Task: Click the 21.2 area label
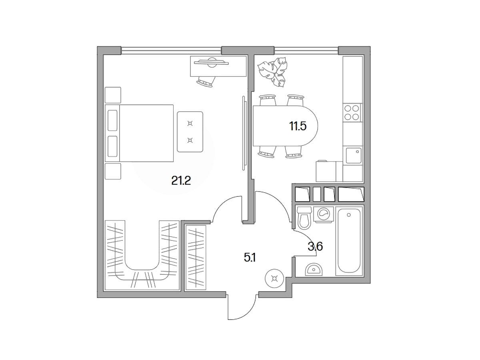181,181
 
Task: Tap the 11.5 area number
298,126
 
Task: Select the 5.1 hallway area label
250,258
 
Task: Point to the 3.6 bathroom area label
315,247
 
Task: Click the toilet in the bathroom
304,218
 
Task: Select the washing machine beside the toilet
324,214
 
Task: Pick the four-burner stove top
352,112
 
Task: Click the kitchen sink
353,156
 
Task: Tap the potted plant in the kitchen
272,72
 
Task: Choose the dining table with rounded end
285,126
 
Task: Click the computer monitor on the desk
211,63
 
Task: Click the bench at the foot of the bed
190,132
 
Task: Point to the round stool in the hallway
274,278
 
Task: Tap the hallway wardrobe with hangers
196,258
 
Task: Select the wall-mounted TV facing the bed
244,133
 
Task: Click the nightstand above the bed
113,95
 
